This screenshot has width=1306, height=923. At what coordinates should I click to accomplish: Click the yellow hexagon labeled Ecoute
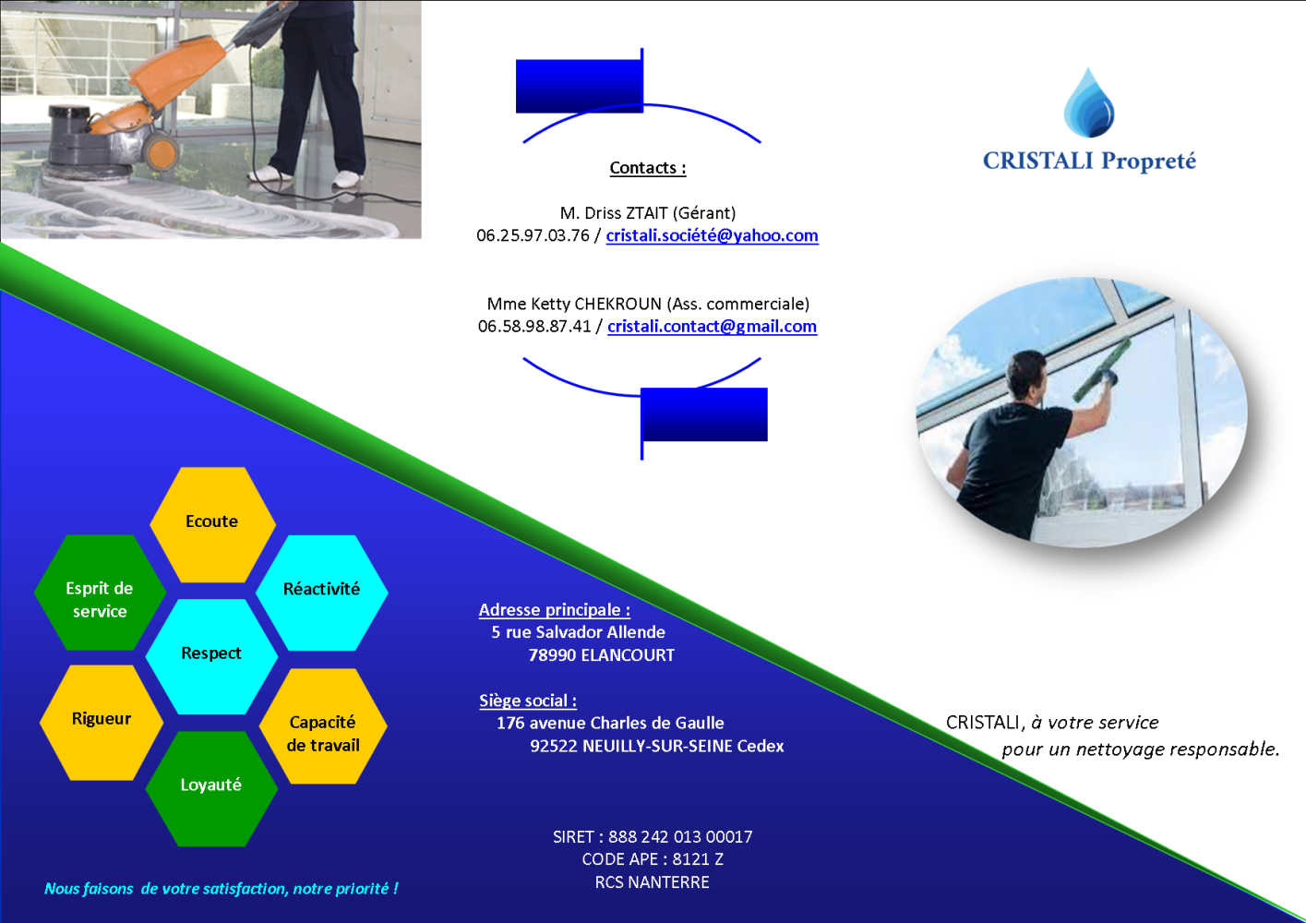click(212, 525)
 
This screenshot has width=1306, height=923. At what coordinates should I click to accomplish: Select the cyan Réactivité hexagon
click(322, 593)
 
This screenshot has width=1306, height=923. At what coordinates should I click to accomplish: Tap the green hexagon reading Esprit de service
click(100, 593)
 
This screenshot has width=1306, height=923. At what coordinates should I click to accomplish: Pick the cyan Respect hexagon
click(211, 656)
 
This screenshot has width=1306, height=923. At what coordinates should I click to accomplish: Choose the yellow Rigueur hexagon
click(102, 723)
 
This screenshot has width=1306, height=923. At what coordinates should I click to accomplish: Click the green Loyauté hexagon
click(211, 789)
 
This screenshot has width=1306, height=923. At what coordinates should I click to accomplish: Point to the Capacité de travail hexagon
click(323, 725)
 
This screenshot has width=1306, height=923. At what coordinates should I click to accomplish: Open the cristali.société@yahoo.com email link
click(712, 235)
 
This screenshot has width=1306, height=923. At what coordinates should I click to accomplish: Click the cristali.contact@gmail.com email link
click(712, 327)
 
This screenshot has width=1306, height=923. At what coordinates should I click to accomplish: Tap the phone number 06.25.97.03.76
click(533, 235)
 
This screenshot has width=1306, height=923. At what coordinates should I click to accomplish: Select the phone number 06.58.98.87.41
click(534, 327)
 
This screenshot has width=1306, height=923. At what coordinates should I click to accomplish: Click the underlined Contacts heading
click(648, 168)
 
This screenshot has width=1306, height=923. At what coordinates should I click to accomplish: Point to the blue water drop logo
click(1088, 102)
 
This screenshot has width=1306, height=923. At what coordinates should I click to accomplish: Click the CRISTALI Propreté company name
click(1089, 161)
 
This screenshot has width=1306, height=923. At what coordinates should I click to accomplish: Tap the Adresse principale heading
click(555, 610)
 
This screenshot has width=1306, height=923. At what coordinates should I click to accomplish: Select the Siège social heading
click(528, 701)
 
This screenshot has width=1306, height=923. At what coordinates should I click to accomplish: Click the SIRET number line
click(653, 837)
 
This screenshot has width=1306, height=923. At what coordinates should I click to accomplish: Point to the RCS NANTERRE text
click(653, 882)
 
